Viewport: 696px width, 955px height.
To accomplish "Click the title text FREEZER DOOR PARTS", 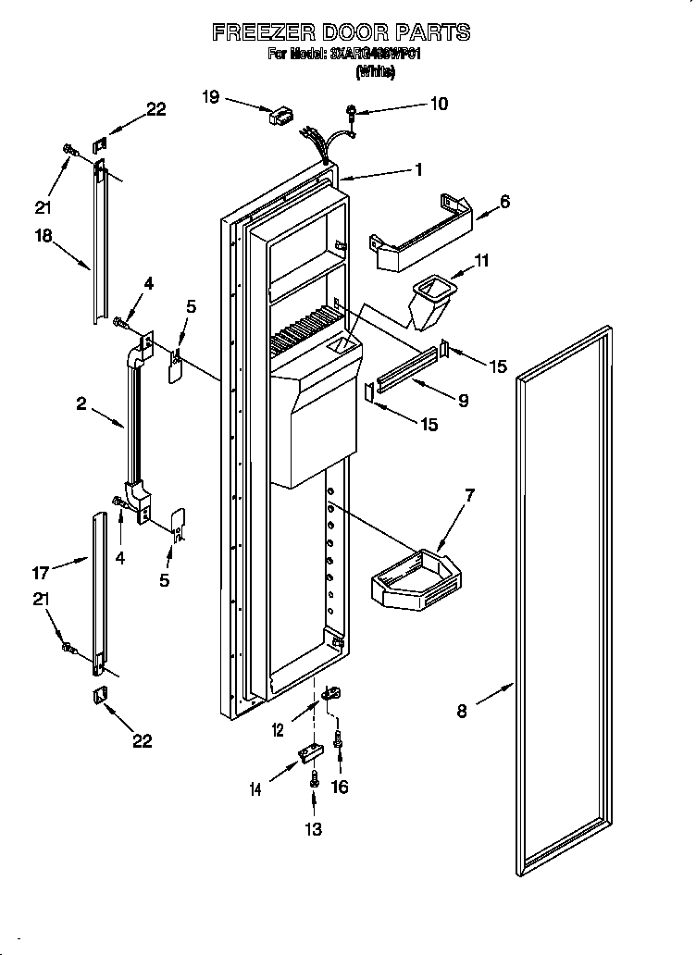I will coord(341,32).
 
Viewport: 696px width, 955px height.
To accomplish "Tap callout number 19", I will coord(211,95).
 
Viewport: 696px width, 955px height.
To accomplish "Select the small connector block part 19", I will coord(280,116).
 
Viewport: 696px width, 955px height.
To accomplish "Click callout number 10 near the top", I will coord(438,104).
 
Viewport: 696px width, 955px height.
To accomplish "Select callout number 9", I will coord(463,401).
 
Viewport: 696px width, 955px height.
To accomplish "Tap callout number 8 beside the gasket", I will coord(462,711).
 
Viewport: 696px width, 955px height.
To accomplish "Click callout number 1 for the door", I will coord(418,169).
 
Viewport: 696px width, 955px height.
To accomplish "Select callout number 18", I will coord(43,236).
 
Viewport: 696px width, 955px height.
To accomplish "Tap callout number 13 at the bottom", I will coord(314,829).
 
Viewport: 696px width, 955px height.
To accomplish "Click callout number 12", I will coord(279,731).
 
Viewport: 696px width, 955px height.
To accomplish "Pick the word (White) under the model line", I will coord(374,72).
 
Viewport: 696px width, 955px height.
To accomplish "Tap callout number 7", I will coord(469,496).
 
